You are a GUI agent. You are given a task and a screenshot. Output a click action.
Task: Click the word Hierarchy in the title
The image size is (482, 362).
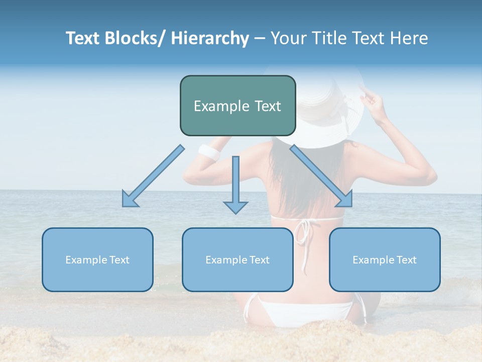[210, 39]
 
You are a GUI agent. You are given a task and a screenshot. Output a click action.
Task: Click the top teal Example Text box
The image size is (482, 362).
[237, 106]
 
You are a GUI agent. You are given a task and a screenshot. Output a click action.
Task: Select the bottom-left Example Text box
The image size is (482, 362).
[97, 259]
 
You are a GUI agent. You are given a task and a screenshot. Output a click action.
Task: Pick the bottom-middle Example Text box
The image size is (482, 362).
[237, 259]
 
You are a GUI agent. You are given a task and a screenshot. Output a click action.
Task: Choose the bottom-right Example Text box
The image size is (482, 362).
[385, 259]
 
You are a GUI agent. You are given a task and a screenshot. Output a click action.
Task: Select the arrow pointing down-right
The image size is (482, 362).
[322, 176]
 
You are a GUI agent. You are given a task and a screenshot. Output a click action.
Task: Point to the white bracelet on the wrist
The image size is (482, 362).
[208, 152]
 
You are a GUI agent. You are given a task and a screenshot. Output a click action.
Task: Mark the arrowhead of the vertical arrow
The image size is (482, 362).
[235, 207]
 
